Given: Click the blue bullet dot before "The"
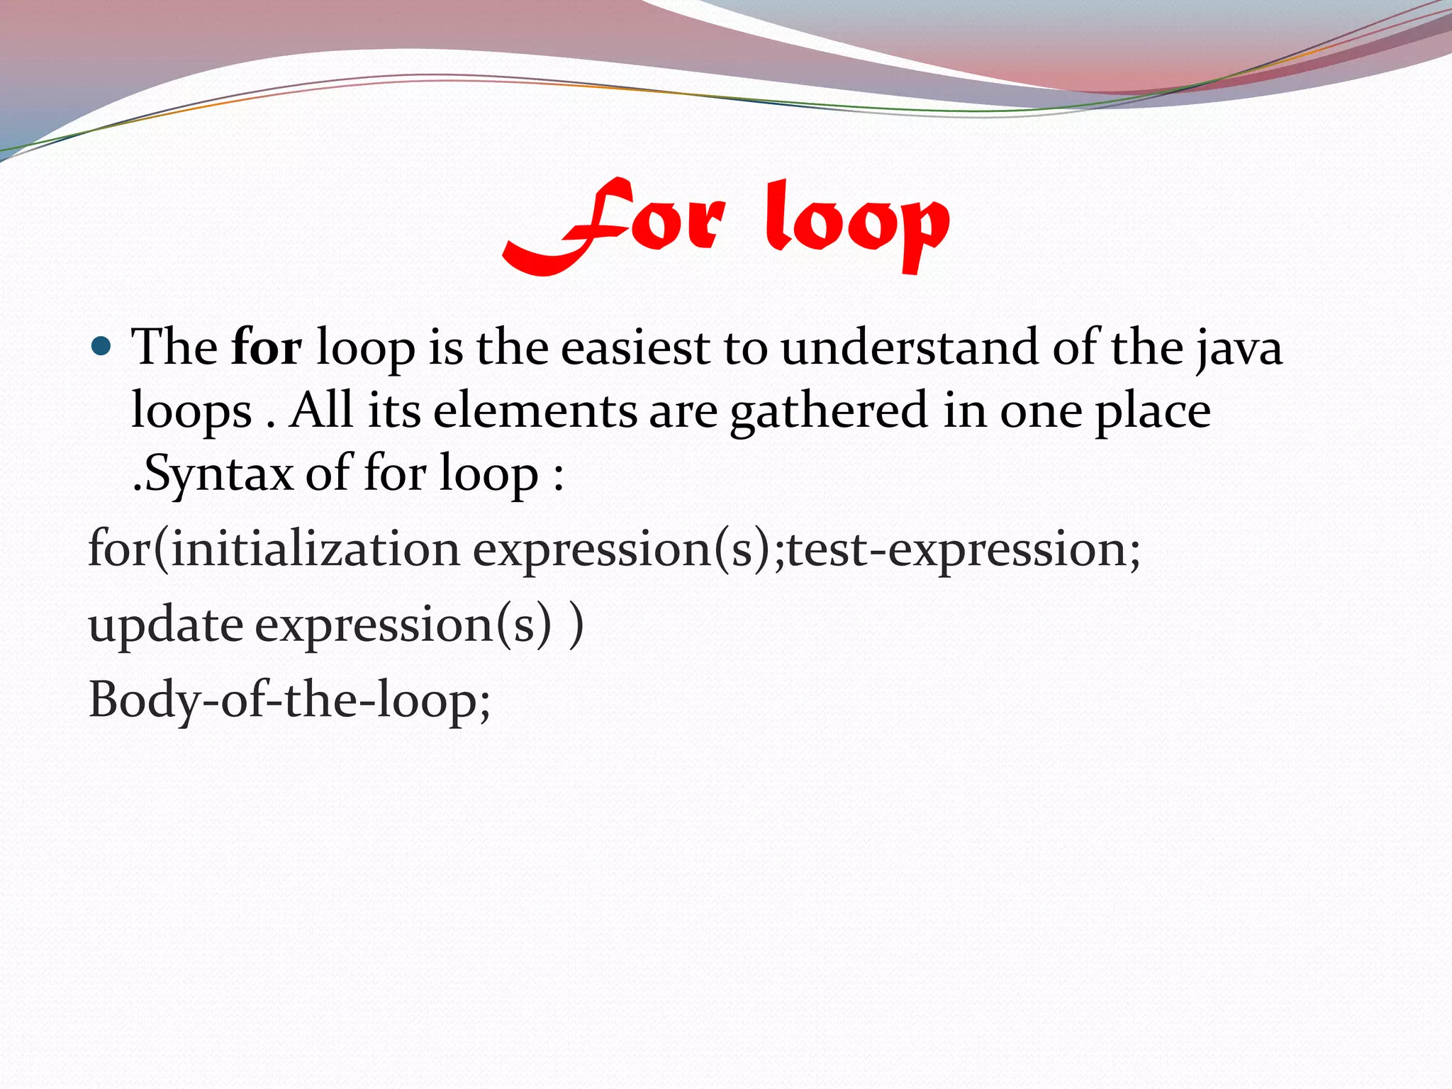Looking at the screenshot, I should (102, 347).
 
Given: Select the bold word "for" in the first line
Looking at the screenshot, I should (267, 347).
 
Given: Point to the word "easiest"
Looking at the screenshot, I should (635, 348).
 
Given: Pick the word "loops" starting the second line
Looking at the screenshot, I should (191, 412).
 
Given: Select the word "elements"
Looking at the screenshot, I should (535, 411).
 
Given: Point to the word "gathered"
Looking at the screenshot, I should (829, 412).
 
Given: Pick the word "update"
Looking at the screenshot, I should (166, 625).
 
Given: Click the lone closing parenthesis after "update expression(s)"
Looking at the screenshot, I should (577, 625).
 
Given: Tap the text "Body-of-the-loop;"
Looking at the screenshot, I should (289, 700).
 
